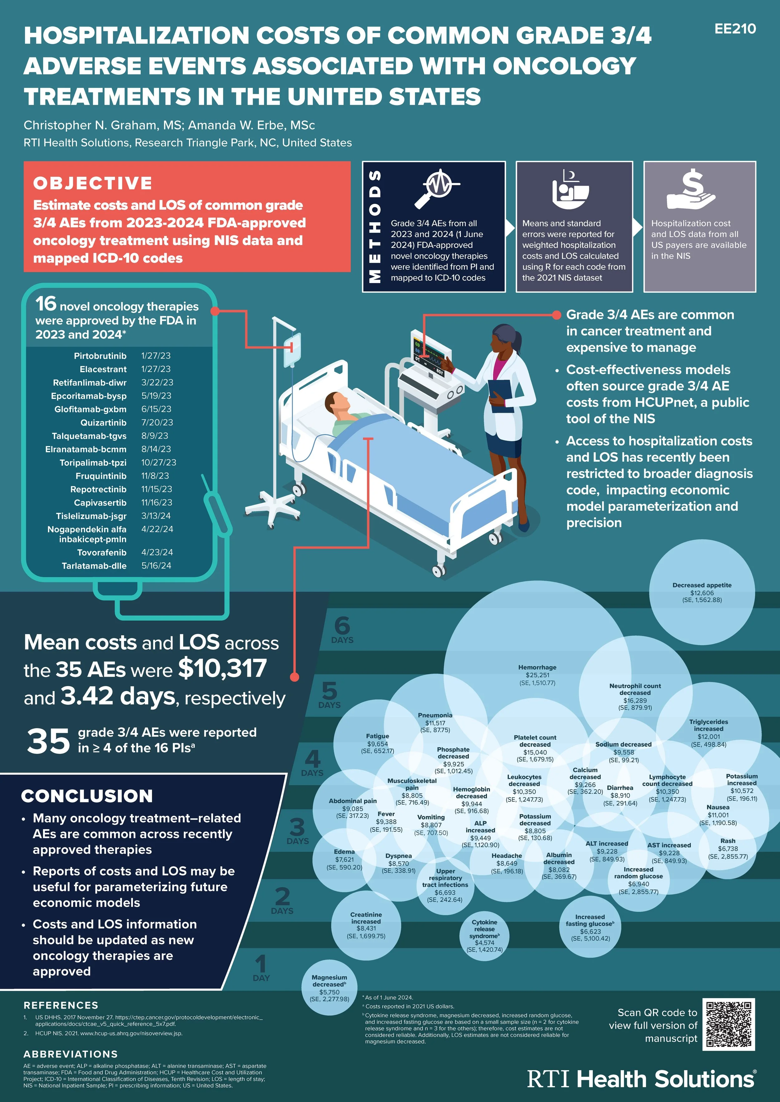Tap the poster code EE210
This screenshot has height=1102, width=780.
pyautogui.click(x=735, y=29)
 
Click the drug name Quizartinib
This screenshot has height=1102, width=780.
pyautogui.click(x=103, y=422)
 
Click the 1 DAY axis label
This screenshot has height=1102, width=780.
pyautogui.click(x=261, y=968)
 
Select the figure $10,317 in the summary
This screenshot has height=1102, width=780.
pyautogui.click(x=222, y=668)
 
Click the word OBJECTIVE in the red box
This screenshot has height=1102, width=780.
pyautogui.click(x=93, y=183)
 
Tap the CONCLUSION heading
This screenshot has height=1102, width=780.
pyautogui.click(x=87, y=796)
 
